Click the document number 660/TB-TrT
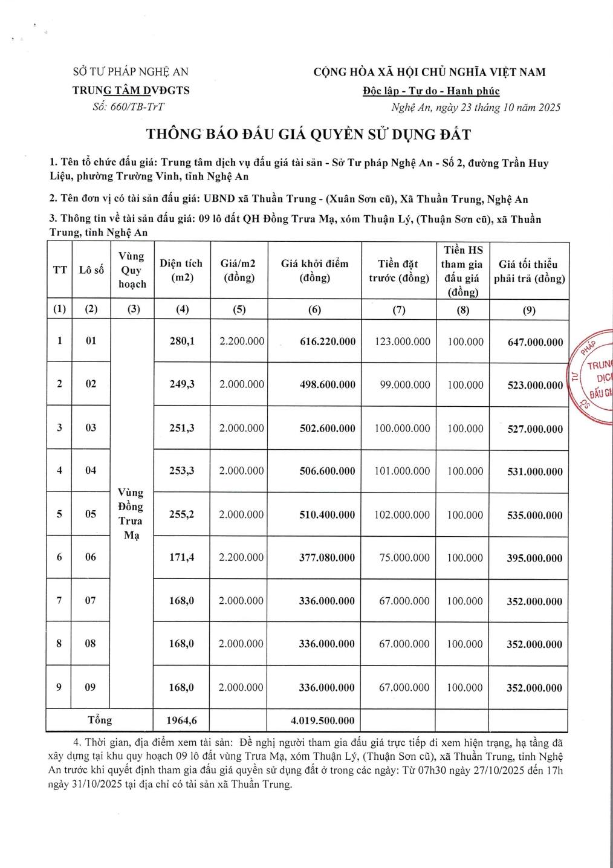[x=137, y=107]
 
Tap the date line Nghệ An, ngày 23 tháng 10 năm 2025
[x=475, y=108]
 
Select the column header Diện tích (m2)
[x=181, y=270]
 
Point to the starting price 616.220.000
[x=328, y=342]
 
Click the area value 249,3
[x=182, y=384]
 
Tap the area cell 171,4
[x=181, y=557]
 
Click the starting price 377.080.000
[x=327, y=557]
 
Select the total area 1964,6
[x=181, y=721]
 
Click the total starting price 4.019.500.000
[x=322, y=721]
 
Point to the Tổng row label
[x=100, y=720]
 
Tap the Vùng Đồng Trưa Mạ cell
[x=131, y=514]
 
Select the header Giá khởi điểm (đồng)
[x=314, y=270]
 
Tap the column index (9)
[x=528, y=310]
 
